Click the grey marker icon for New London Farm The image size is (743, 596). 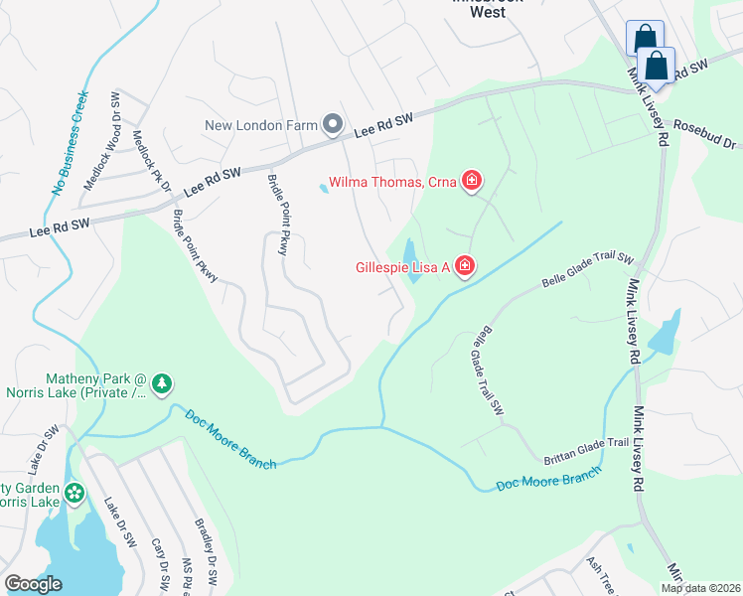coord(333,125)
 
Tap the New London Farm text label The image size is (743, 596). coord(261,125)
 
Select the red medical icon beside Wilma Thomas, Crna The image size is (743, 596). coord(473,182)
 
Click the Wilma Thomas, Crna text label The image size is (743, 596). coord(391,183)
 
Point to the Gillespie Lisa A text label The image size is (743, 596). coord(402,267)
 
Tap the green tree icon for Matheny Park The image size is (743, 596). coord(162,382)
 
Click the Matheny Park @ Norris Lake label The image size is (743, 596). coord(96,386)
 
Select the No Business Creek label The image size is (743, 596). coord(71,144)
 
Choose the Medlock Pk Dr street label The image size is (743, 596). coord(152,162)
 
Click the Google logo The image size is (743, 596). coord(33,584)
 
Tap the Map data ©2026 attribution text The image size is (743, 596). coord(700,588)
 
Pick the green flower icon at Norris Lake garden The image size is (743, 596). coord(73,493)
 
